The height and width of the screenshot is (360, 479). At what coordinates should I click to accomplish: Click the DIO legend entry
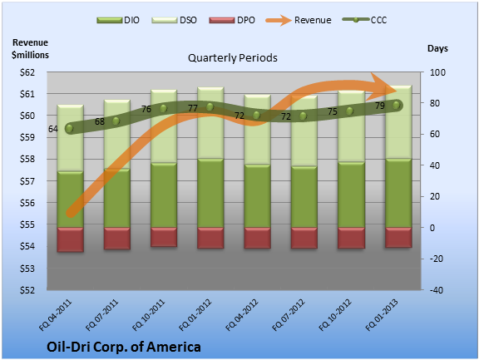pyautogui.click(x=118, y=20)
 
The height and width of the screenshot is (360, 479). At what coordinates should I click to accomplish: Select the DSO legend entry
pyautogui.click(x=174, y=20)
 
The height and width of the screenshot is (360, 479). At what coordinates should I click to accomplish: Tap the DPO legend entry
pyautogui.click(x=232, y=20)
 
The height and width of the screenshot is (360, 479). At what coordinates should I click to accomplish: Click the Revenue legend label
pyautogui.click(x=313, y=20)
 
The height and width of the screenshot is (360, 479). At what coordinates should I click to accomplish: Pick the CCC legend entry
pyautogui.click(x=365, y=20)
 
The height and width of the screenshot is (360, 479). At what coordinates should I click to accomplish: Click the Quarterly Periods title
pyautogui.click(x=233, y=57)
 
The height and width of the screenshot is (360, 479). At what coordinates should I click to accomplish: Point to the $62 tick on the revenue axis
pyautogui.click(x=27, y=72)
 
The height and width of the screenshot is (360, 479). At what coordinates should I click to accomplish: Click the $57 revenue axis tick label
pyautogui.click(x=27, y=181)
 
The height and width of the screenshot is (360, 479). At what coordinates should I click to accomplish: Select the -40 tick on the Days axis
pyautogui.click(x=437, y=290)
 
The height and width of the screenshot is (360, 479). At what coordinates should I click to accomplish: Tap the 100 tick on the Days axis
pyautogui.click(x=437, y=72)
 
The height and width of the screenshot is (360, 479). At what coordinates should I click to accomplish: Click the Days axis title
pyautogui.click(x=437, y=48)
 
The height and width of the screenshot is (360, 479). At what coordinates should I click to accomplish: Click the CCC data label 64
pyautogui.click(x=53, y=129)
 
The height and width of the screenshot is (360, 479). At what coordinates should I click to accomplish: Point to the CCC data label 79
pyautogui.click(x=380, y=106)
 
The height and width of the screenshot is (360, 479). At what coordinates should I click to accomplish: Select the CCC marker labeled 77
pyautogui.click(x=210, y=107)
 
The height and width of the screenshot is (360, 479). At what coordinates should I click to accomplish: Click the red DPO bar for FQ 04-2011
pyautogui.click(x=70, y=239)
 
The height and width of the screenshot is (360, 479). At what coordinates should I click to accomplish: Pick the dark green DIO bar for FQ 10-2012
pyautogui.click(x=351, y=195)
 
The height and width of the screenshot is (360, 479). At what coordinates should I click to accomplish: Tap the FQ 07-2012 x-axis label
pyautogui.click(x=289, y=315)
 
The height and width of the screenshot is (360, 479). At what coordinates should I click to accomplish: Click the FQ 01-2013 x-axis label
pyautogui.click(x=382, y=315)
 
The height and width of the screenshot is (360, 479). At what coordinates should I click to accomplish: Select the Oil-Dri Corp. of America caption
pyautogui.click(x=124, y=347)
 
